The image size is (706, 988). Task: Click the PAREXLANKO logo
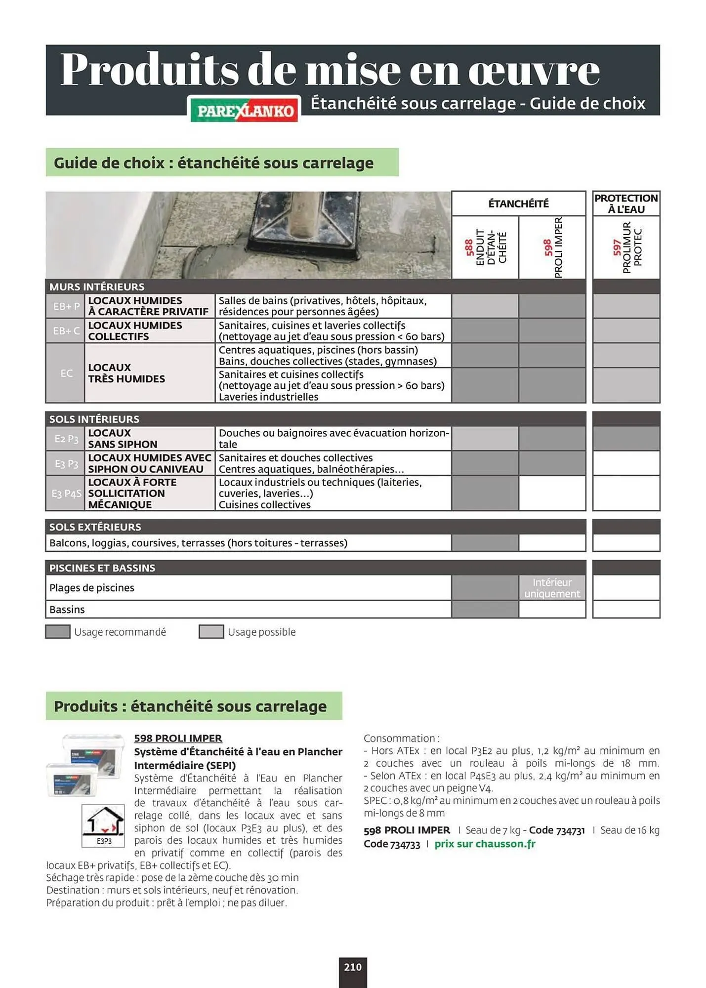point(245,110)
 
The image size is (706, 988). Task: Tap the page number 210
point(352,967)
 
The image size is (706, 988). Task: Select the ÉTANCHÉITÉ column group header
point(518,204)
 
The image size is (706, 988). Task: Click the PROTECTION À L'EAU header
point(625,204)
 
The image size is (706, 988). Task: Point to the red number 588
point(469,247)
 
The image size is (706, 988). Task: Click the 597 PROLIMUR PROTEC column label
point(626,247)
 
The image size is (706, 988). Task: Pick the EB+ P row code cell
point(66,306)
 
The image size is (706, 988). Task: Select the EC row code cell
point(66,373)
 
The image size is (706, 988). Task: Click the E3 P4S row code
point(66,494)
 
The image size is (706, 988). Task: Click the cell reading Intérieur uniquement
point(552,588)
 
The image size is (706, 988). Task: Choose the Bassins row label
point(67,610)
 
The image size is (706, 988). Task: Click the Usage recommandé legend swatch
point(58,632)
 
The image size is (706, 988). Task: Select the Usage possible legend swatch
point(211,632)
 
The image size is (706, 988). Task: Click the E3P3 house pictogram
point(103,825)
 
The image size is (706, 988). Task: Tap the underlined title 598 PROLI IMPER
point(178,738)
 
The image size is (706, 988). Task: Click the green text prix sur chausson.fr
point(485,844)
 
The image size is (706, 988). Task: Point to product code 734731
point(570,830)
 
